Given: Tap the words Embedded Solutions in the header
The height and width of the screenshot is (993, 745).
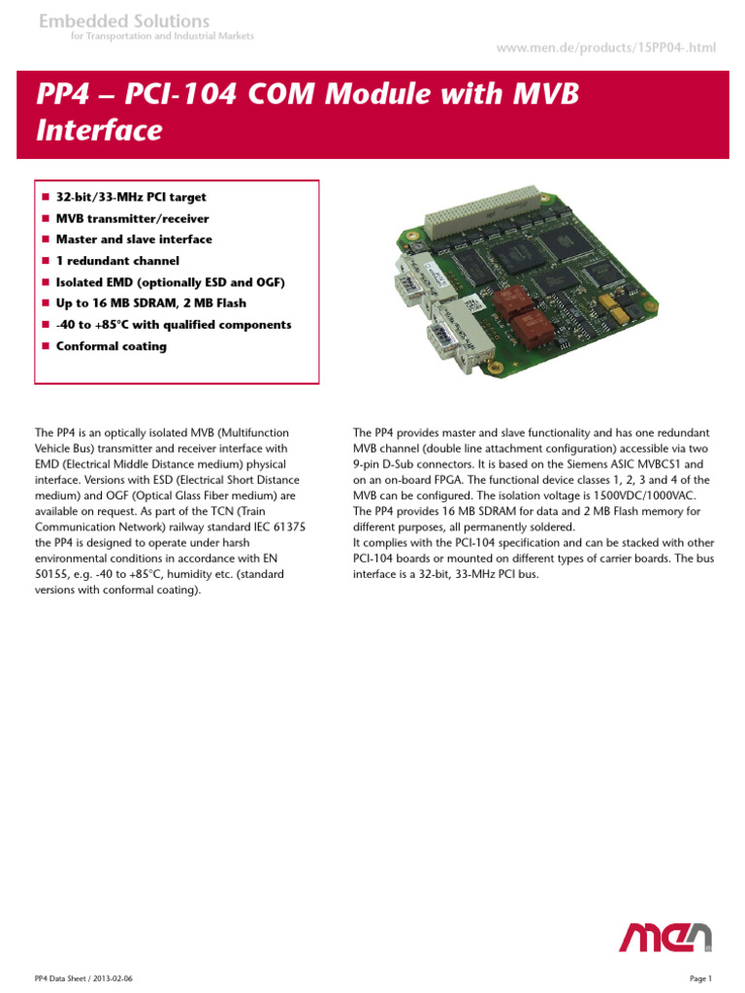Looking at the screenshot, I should click(x=123, y=20).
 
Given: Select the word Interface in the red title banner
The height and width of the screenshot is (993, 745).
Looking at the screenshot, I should click(x=99, y=131).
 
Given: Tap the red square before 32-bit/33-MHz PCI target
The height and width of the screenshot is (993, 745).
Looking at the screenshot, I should click(x=45, y=198).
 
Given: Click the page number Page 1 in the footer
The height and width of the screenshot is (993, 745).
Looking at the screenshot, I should click(x=700, y=977).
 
